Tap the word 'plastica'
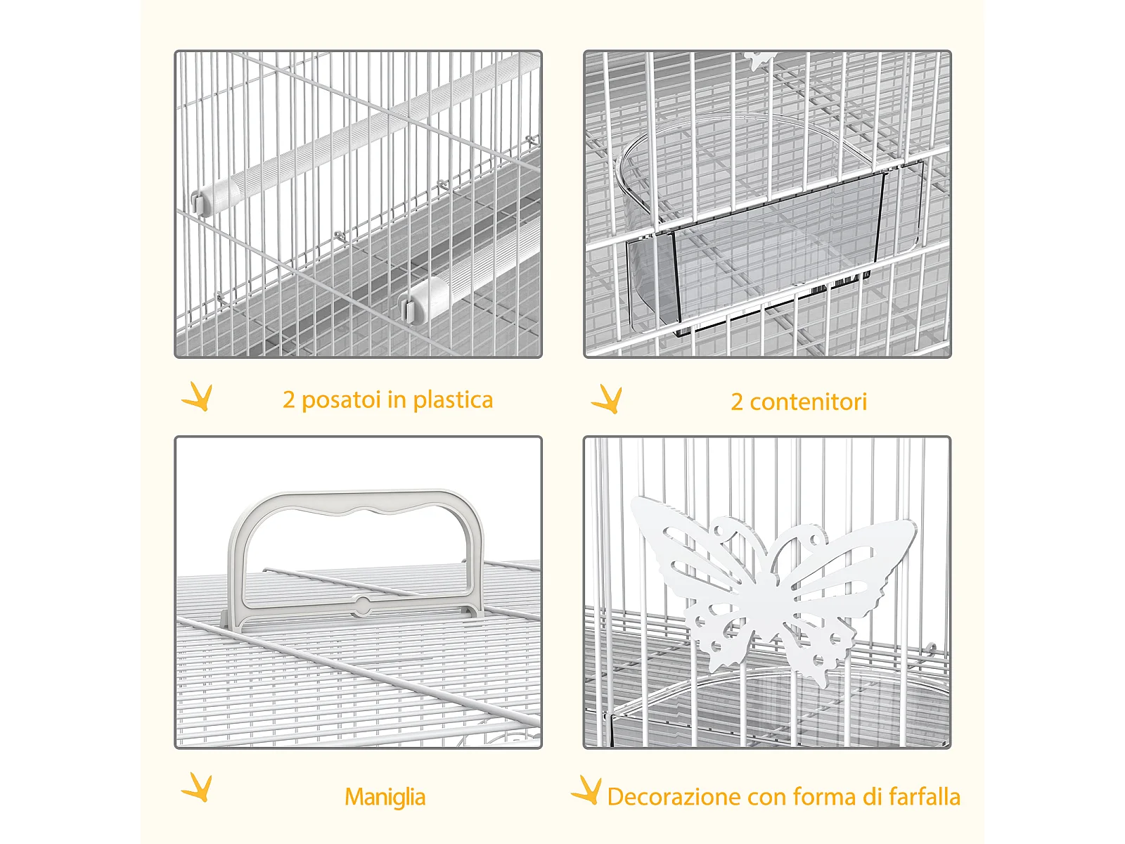click(x=453, y=399)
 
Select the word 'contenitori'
click(x=809, y=402)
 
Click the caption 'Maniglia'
click(x=385, y=797)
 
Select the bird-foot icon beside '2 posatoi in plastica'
click(x=197, y=396)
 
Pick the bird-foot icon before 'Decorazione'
click(x=586, y=790)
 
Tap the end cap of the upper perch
click(x=214, y=197)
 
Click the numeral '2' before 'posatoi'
click(x=288, y=400)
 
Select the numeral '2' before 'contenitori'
click(x=736, y=402)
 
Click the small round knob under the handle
click(x=363, y=603)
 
